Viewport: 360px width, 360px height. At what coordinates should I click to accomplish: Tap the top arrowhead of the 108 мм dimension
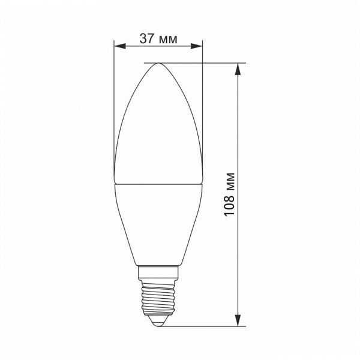tap(239, 68)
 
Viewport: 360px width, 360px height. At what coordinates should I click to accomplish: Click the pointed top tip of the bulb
tap(158, 63)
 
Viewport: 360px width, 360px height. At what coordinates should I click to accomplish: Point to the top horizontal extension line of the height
tap(198, 62)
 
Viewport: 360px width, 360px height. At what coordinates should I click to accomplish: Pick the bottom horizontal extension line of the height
tap(204, 326)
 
